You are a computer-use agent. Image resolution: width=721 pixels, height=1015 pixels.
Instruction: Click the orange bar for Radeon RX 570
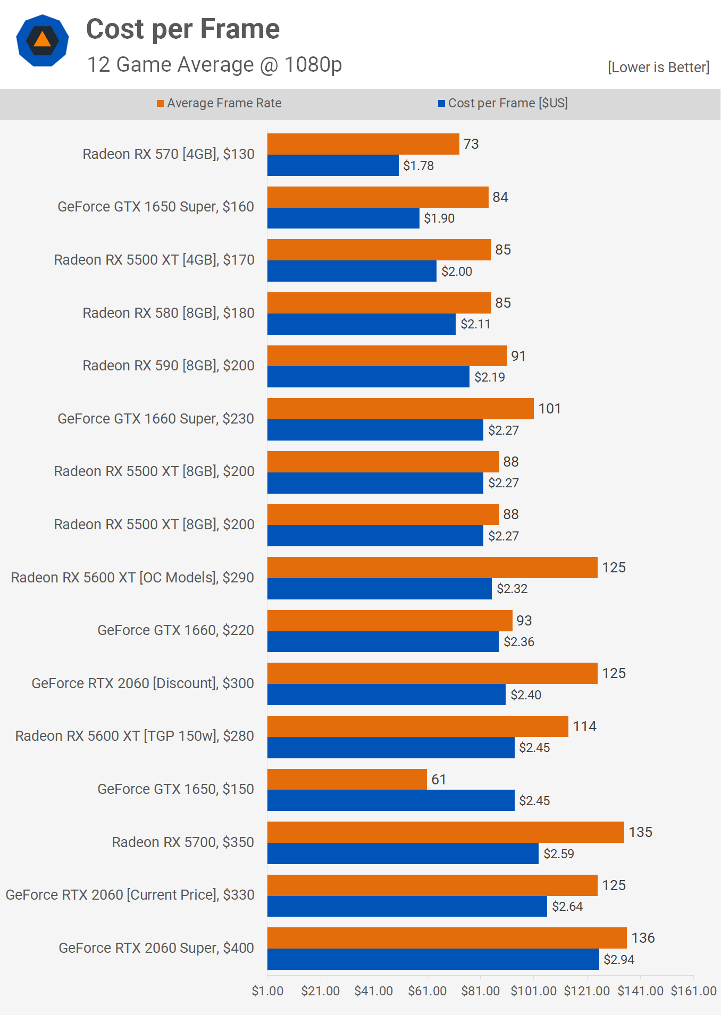pyautogui.click(x=363, y=144)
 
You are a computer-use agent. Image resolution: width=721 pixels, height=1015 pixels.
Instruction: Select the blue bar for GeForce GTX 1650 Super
pyautogui.click(x=343, y=218)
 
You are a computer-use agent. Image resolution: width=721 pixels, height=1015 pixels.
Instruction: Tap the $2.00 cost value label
pyautogui.click(x=457, y=272)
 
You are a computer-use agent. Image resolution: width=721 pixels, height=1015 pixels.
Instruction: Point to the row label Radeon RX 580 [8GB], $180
pyautogui.click(x=169, y=313)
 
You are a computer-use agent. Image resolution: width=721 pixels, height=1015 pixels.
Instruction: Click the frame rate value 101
pyautogui.click(x=549, y=409)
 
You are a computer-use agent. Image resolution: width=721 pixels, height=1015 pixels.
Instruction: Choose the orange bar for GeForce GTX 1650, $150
pyautogui.click(x=347, y=779)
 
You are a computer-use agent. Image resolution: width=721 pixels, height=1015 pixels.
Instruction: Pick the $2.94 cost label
pyautogui.click(x=619, y=960)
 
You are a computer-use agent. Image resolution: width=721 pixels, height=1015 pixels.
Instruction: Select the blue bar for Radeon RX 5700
pyautogui.click(x=403, y=853)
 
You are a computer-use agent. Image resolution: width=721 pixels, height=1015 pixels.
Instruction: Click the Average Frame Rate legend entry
pyautogui.click(x=219, y=103)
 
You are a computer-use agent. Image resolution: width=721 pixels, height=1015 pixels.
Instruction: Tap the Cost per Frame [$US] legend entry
pyautogui.click(x=503, y=103)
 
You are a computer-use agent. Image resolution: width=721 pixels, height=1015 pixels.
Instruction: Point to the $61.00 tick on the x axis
pyautogui.click(x=427, y=991)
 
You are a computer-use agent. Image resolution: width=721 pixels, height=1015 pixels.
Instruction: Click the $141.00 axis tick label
pyautogui.click(x=640, y=991)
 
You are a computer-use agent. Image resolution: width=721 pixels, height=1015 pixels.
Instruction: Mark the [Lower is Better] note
pyautogui.click(x=658, y=67)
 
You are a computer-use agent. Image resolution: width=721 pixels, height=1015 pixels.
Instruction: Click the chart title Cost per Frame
pyautogui.click(x=182, y=29)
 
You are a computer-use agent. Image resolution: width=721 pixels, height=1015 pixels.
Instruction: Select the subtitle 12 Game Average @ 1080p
pyautogui.click(x=214, y=65)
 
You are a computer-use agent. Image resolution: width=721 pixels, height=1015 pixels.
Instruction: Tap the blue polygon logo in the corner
pyautogui.click(x=43, y=40)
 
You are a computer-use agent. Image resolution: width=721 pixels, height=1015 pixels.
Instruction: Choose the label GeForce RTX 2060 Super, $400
pyautogui.click(x=156, y=948)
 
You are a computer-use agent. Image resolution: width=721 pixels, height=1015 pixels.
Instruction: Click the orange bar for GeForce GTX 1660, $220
pyautogui.click(x=390, y=621)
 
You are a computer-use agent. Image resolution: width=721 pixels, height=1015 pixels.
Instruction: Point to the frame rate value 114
pyautogui.click(x=584, y=726)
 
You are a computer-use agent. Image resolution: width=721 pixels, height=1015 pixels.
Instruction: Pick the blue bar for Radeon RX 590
pyautogui.click(x=368, y=377)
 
